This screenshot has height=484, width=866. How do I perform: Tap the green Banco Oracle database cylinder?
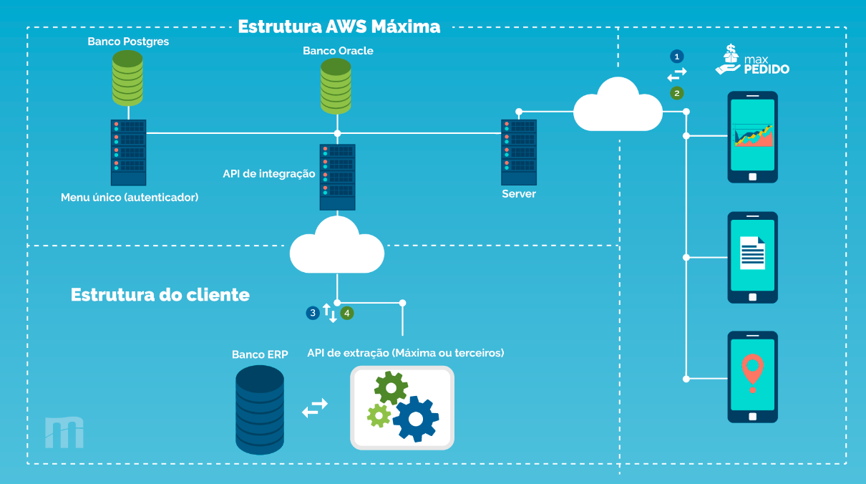[336, 87]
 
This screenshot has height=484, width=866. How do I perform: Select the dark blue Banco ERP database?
[260, 410]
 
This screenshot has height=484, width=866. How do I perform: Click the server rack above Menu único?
[128, 153]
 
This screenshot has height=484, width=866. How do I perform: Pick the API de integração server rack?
[337, 177]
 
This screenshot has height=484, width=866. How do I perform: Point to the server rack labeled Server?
[518, 153]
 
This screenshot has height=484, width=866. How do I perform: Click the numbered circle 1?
[676, 56]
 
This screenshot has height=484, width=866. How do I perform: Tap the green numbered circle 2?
[676, 93]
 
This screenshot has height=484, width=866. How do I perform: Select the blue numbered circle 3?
[312, 313]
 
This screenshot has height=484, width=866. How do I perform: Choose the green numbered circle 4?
[347, 313]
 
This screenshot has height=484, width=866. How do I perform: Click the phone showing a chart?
[752, 137]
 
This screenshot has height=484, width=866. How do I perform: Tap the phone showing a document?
[752, 257]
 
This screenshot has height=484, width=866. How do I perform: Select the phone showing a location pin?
[752, 377]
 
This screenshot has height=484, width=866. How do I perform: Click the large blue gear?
[414, 417]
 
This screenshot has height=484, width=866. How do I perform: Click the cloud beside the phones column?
[618, 105]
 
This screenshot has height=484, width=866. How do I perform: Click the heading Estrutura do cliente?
[160, 295]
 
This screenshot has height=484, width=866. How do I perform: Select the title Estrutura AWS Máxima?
[339, 27]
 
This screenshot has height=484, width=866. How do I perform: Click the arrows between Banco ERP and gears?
[315, 407]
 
